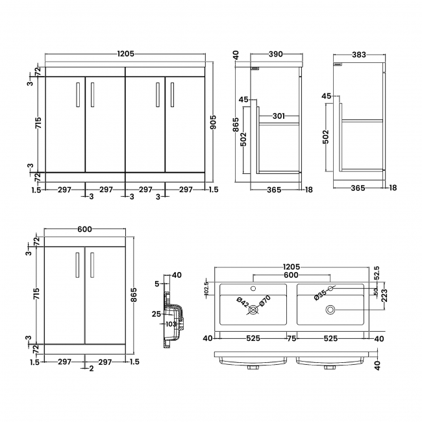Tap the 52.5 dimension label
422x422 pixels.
pyautogui.click(x=375, y=277)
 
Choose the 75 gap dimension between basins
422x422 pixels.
pyautogui.click(x=292, y=338)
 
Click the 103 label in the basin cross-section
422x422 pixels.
pyautogui.click(x=171, y=323)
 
